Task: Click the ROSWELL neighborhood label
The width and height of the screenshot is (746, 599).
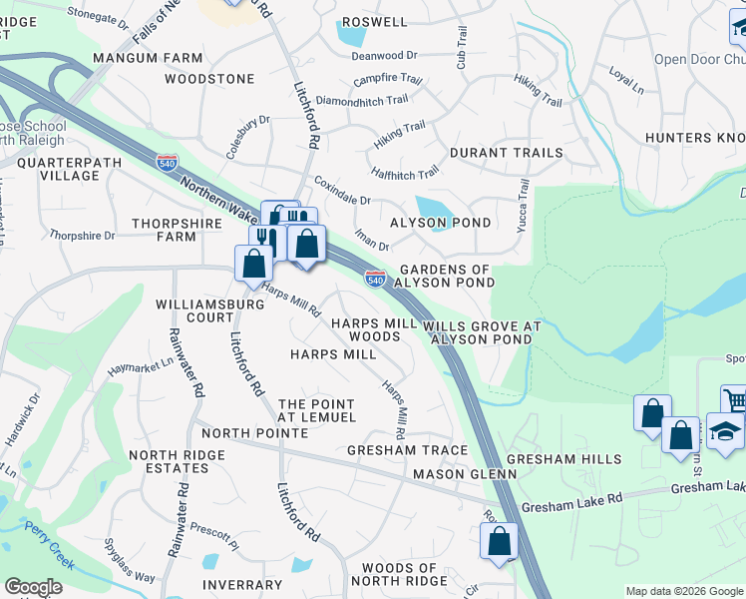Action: (x=374, y=22)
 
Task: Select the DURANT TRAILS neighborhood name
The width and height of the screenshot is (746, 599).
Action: (x=506, y=154)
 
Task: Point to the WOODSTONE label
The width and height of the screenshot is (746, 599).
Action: (x=209, y=78)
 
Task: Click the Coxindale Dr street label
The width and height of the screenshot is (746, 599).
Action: (x=342, y=191)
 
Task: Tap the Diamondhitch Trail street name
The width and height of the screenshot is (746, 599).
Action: (x=361, y=101)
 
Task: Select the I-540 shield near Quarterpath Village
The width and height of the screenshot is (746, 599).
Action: (x=167, y=160)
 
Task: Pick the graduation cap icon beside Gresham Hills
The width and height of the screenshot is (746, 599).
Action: (x=725, y=429)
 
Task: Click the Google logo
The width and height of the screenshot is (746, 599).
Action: (x=33, y=587)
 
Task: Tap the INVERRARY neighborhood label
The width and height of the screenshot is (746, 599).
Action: (x=241, y=585)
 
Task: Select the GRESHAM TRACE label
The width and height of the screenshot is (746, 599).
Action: (x=407, y=450)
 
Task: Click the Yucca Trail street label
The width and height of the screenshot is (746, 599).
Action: (x=523, y=204)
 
